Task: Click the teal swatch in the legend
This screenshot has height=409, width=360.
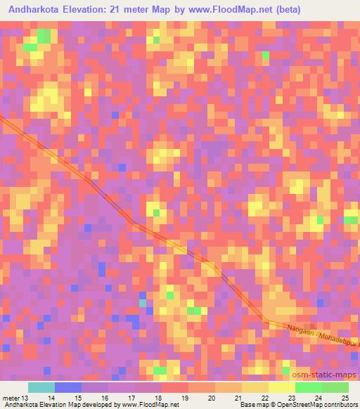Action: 41,387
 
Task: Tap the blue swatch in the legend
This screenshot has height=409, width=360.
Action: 68,387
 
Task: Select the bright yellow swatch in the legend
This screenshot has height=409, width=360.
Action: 282,387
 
